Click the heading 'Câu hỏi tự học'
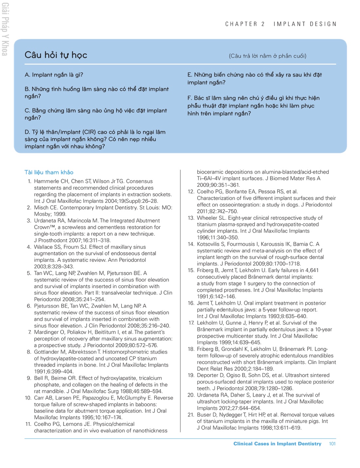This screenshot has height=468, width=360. click(56, 55)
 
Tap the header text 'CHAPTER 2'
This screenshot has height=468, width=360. click(245, 24)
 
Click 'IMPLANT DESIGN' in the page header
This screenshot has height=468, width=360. click(305, 24)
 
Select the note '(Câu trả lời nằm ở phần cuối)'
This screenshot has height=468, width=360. click(267, 56)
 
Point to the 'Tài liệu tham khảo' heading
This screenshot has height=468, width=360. click(49, 172)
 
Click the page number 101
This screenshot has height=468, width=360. click(332, 444)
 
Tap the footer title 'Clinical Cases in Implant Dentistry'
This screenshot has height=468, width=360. click(277, 444)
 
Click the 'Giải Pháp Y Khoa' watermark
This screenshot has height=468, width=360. click(5, 29)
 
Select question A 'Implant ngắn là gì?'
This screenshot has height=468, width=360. click(54, 75)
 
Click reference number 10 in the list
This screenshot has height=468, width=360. click(28, 398)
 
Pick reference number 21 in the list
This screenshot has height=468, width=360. click(191, 415)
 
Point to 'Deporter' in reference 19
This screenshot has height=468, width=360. click(208, 375)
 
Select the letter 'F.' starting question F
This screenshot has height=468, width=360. click(190, 98)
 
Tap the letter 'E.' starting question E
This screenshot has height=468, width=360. click(190, 75)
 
